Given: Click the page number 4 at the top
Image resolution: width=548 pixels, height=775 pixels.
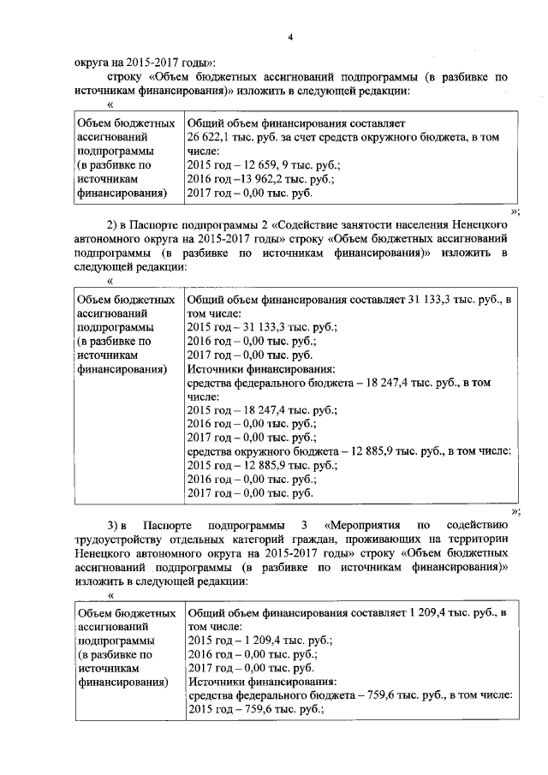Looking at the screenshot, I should point(290,35).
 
